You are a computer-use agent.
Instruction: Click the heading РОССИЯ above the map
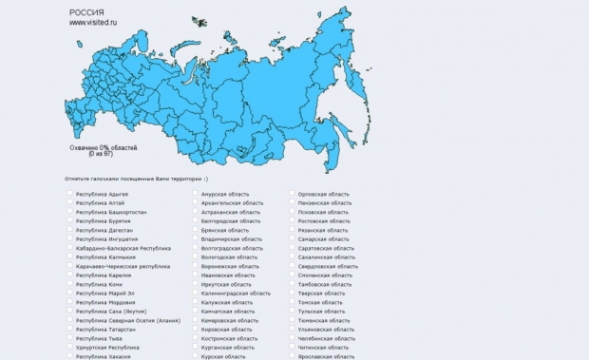(x=87, y=11)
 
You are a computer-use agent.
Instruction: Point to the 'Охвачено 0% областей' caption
(x=104, y=147)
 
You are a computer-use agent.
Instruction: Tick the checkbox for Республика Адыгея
(x=70, y=194)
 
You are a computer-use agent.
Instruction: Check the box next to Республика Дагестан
(x=70, y=230)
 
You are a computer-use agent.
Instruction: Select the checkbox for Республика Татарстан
(x=70, y=329)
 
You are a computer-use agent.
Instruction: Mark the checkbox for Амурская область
(x=195, y=194)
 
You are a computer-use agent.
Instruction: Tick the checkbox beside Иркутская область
(x=195, y=284)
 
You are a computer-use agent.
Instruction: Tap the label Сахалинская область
(x=326, y=257)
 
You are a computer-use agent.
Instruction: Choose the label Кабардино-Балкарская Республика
(x=123, y=248)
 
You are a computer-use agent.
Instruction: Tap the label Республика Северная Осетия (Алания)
(x=128, y=320)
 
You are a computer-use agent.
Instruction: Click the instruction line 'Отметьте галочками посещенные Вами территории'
(x=135, y=178)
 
